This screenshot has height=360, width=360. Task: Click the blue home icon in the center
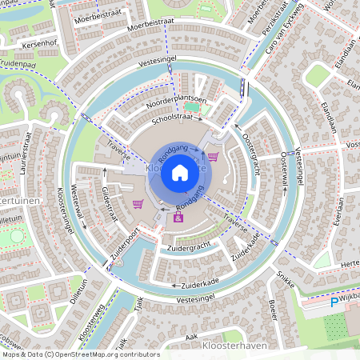[180, 173]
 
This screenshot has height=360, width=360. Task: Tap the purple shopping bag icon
[178, 217]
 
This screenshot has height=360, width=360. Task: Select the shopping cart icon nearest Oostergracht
[213, 156]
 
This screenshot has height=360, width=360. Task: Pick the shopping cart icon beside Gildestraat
[138, 204]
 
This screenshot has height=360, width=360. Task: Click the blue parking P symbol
[334, 302]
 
